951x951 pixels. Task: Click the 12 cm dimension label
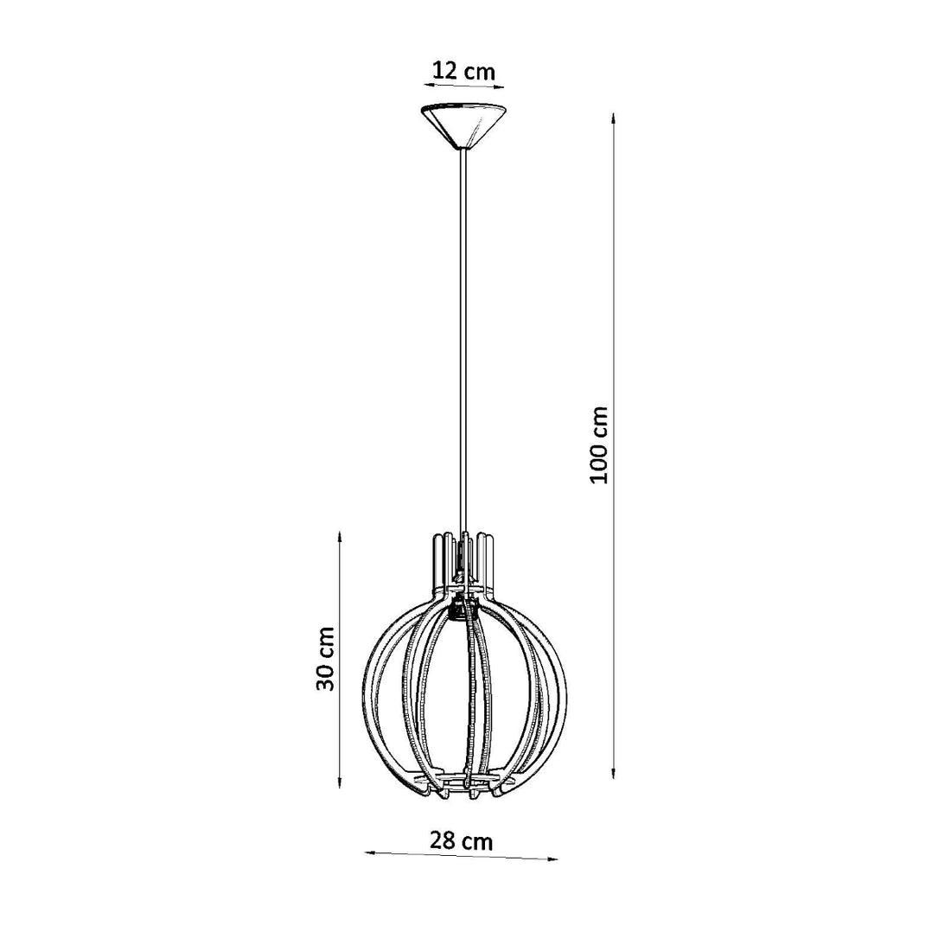(463, 71)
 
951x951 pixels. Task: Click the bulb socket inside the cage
(457, 610)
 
